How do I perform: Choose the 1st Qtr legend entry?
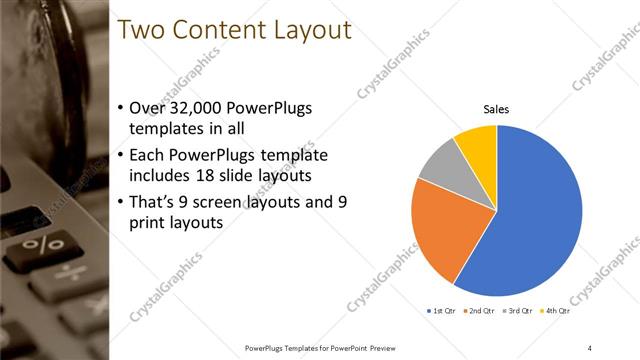(x=442, y=312)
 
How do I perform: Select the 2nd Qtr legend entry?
(x=481, y=312)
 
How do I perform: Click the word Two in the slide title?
(x=140, y=31)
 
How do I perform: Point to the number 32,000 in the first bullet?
(x=200, y=107)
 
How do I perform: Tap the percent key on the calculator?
(x=44, y=243)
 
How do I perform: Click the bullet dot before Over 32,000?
(x=121, y=108)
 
